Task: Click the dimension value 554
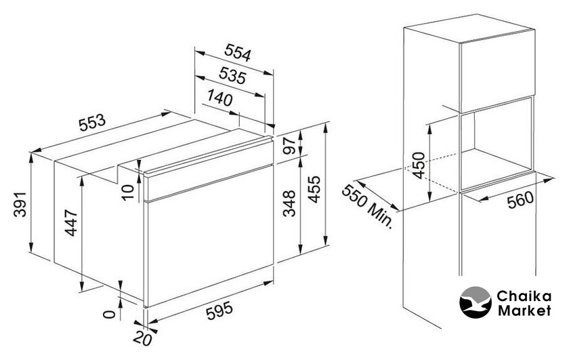[238, 53]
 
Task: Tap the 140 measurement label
[220, 98]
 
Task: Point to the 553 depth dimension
[92, 123]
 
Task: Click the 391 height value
[20, 204]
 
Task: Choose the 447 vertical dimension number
[72, 222]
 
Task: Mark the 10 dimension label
[128, 192]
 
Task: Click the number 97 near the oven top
[290, 146]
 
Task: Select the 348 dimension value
[289, 203]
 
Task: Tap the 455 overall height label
[314, 189]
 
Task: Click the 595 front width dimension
[219, 311]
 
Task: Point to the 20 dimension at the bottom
[142, 338]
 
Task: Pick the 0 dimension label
[109, 314]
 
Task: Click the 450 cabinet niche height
[419, 165]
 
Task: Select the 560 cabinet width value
[520, 199]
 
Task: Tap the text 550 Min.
[367, 206]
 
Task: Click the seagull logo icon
[476, 302]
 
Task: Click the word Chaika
[524, 296]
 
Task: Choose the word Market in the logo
[524, 311]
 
